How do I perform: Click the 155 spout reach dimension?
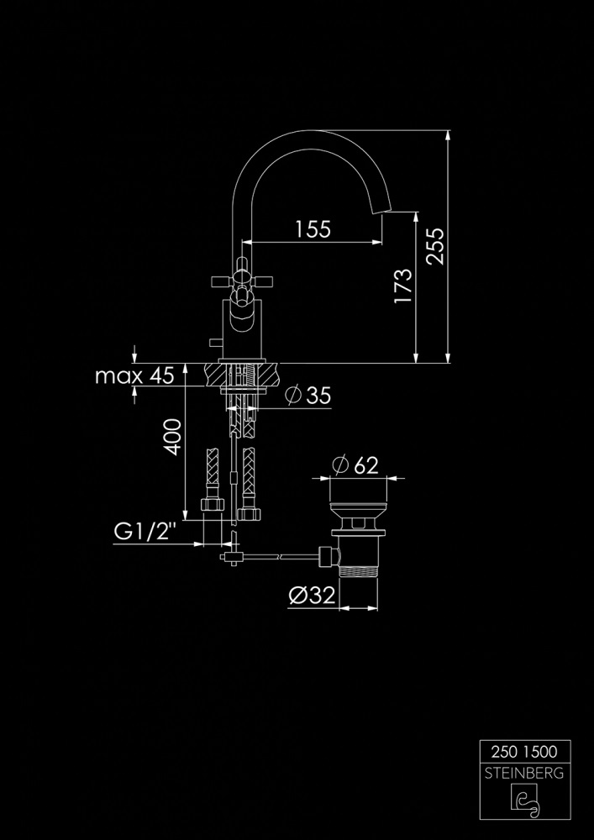(313, 228)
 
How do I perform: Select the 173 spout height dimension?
(403, 286)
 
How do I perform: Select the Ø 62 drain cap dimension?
(355, 465)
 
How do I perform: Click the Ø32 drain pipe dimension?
(312, 596)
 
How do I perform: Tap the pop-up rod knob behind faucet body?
(211, 344)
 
